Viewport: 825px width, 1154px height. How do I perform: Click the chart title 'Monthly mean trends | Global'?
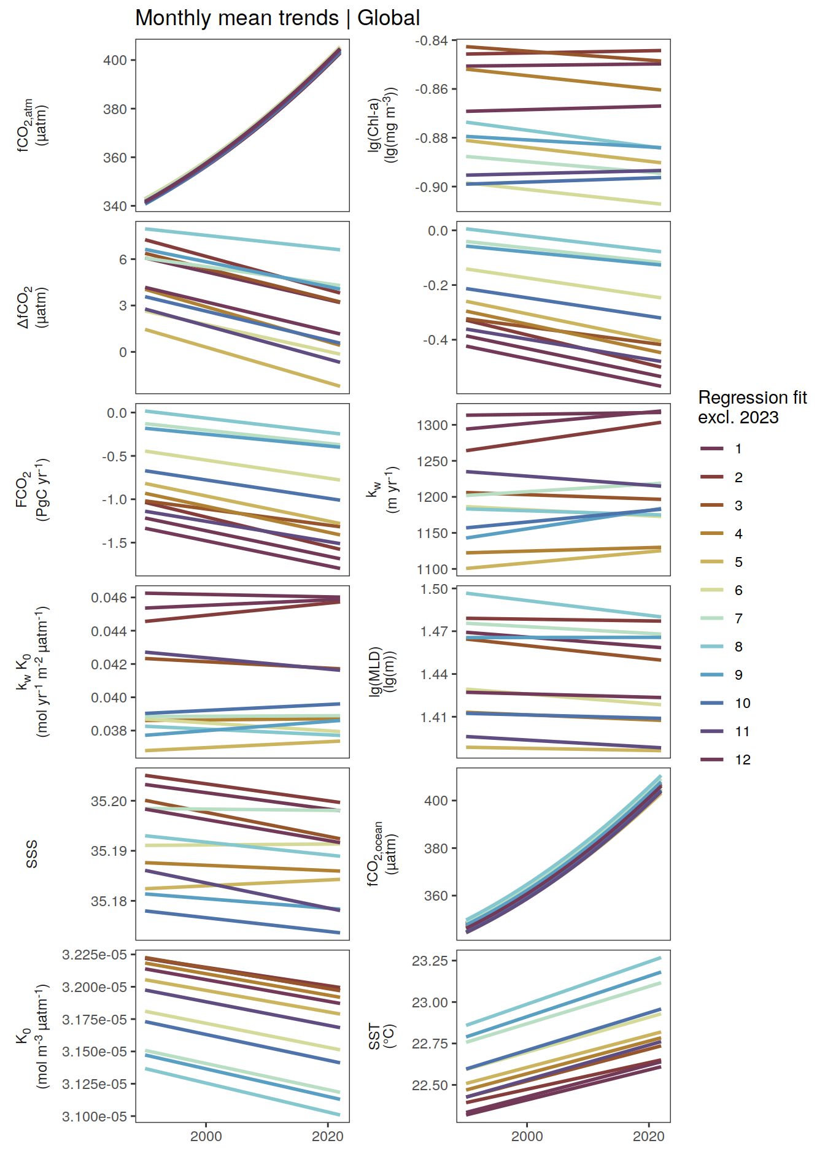tap(277, 18)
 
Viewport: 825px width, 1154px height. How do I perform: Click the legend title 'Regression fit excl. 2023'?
tap(752, 407)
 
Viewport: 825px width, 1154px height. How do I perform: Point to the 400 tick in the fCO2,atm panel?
tap(115, 60)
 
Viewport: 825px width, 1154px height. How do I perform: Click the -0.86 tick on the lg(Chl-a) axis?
tap(435, 90)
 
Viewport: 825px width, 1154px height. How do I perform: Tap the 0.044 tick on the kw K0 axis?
tap(109, 631)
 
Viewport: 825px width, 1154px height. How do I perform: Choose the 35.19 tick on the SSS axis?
tap(109, 851)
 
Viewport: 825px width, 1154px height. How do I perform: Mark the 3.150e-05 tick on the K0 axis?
tap(95, 1052)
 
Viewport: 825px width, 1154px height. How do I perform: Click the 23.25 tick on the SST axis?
tap(430, 961)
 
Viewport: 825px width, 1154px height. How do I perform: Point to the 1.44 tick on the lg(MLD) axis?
tap(434, 674)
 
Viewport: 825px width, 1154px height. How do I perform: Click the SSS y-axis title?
tap(32, 854)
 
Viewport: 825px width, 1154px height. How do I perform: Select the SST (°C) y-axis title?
tap(381, 1036)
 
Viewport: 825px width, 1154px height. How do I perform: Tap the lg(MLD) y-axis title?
tap(382, 671)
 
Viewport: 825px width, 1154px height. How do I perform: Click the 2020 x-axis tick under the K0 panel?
tap(327, 1136)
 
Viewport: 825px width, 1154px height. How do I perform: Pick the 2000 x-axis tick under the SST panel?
tap(527, 1136)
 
